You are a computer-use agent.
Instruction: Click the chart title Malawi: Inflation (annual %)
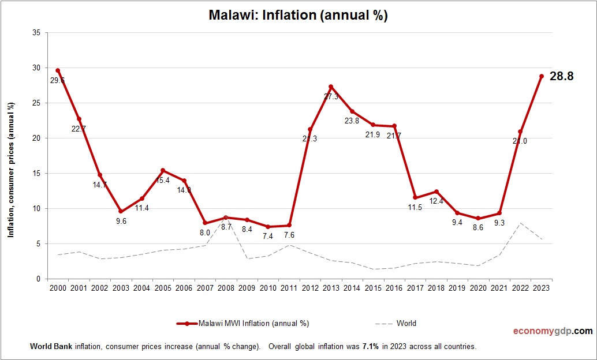point(298,16)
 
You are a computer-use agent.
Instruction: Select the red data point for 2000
point(58,70)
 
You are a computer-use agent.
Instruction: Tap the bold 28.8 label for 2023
point(561,76)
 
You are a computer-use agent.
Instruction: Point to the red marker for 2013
point(331,87)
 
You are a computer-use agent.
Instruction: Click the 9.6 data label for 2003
point(121,221)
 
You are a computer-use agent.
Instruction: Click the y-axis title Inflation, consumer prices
point(10,170)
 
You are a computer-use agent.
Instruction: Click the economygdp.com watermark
point(553,331)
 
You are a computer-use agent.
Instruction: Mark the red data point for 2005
point(163,170)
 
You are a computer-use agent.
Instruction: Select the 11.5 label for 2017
point(415,207)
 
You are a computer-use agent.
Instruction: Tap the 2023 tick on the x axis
point(542,288)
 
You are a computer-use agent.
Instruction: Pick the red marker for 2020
point(478,218)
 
